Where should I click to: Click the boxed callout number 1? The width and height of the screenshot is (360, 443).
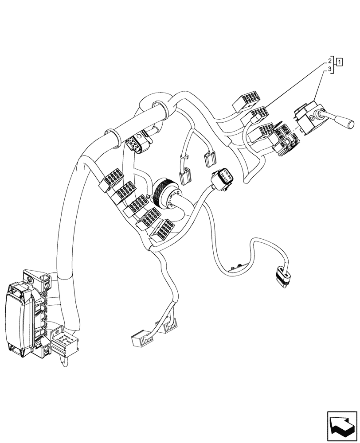click(x=339, y=61)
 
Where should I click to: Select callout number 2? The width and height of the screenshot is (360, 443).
click(x=330, y=60)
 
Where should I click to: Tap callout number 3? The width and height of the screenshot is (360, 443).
click(x=330, y=70)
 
